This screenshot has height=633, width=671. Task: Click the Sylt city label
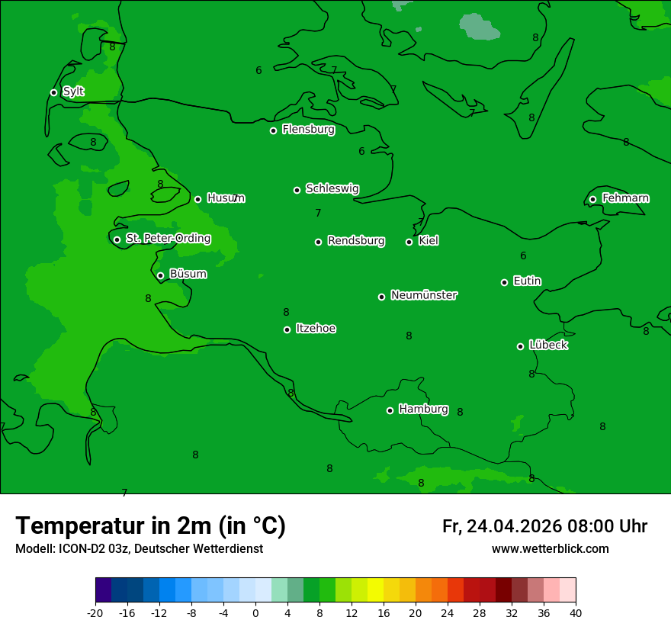pos(73,92)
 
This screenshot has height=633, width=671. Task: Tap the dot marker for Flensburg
pos(273,130)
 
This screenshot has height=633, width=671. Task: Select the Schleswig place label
pos(332,188)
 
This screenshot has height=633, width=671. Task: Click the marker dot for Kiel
pos(409,242)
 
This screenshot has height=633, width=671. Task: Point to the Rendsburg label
pos(355,241)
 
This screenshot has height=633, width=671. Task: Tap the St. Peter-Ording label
pos(168,239)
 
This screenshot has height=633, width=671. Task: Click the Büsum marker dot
pos(160,275)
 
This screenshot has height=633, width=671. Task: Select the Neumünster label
pos(423,295)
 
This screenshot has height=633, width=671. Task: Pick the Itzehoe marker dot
pos(287,329)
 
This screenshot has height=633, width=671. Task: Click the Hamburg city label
pos(423,410)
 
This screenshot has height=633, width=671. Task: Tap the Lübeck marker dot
pos(520,346)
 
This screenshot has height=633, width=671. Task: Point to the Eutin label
pos(527,281)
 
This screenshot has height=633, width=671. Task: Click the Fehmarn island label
pos(625,198)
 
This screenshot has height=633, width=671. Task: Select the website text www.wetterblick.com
pos(550,549)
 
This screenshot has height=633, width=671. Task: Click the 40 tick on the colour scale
pos(576,612)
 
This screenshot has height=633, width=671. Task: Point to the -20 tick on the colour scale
pos(95,612)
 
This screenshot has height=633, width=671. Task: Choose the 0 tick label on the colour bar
pos(255,612)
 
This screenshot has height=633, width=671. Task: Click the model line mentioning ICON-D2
pos(139,549)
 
